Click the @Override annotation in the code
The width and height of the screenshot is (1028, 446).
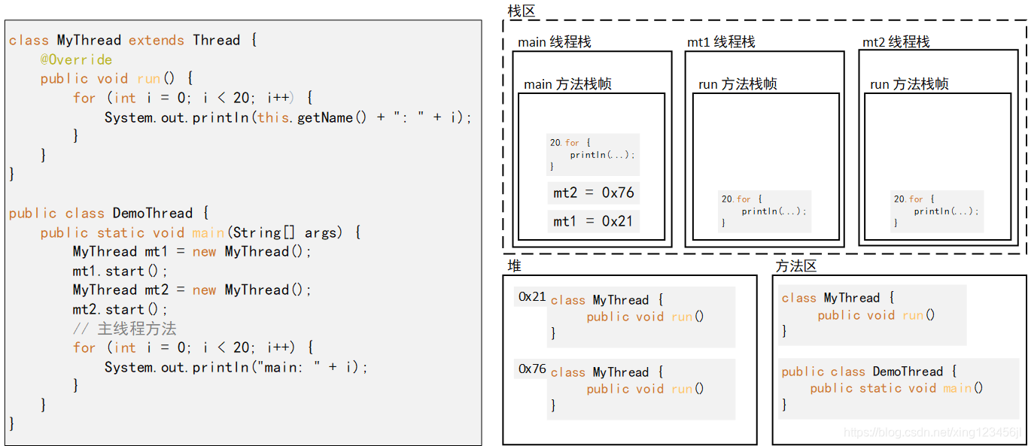(x=76, y=59)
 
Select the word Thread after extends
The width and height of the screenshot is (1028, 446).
(x=216, y=41)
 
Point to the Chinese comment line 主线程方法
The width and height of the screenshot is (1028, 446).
(x=125, y=329)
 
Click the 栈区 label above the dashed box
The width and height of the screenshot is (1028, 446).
(x=521, y=11)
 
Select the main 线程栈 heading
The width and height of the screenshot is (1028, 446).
(x=555, y=42)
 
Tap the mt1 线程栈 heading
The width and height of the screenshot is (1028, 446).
(x=721, y=42)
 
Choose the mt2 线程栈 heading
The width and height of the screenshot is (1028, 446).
(x=896, y=42)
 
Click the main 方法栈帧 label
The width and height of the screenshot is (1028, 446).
(x=567, y=84)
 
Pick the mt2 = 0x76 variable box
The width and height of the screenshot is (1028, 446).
(x=594, y=193)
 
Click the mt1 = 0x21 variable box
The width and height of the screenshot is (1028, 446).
(x=594, y=221)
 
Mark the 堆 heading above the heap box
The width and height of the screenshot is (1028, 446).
(x=514, y=265)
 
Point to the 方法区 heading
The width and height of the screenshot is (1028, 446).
(x=796, y=265)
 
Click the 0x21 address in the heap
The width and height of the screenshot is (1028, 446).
(x=532, y=297)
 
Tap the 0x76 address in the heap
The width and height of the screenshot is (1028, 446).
(x=532, y=369)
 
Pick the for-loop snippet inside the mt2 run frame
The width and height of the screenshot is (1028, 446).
(x=936, y=211)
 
